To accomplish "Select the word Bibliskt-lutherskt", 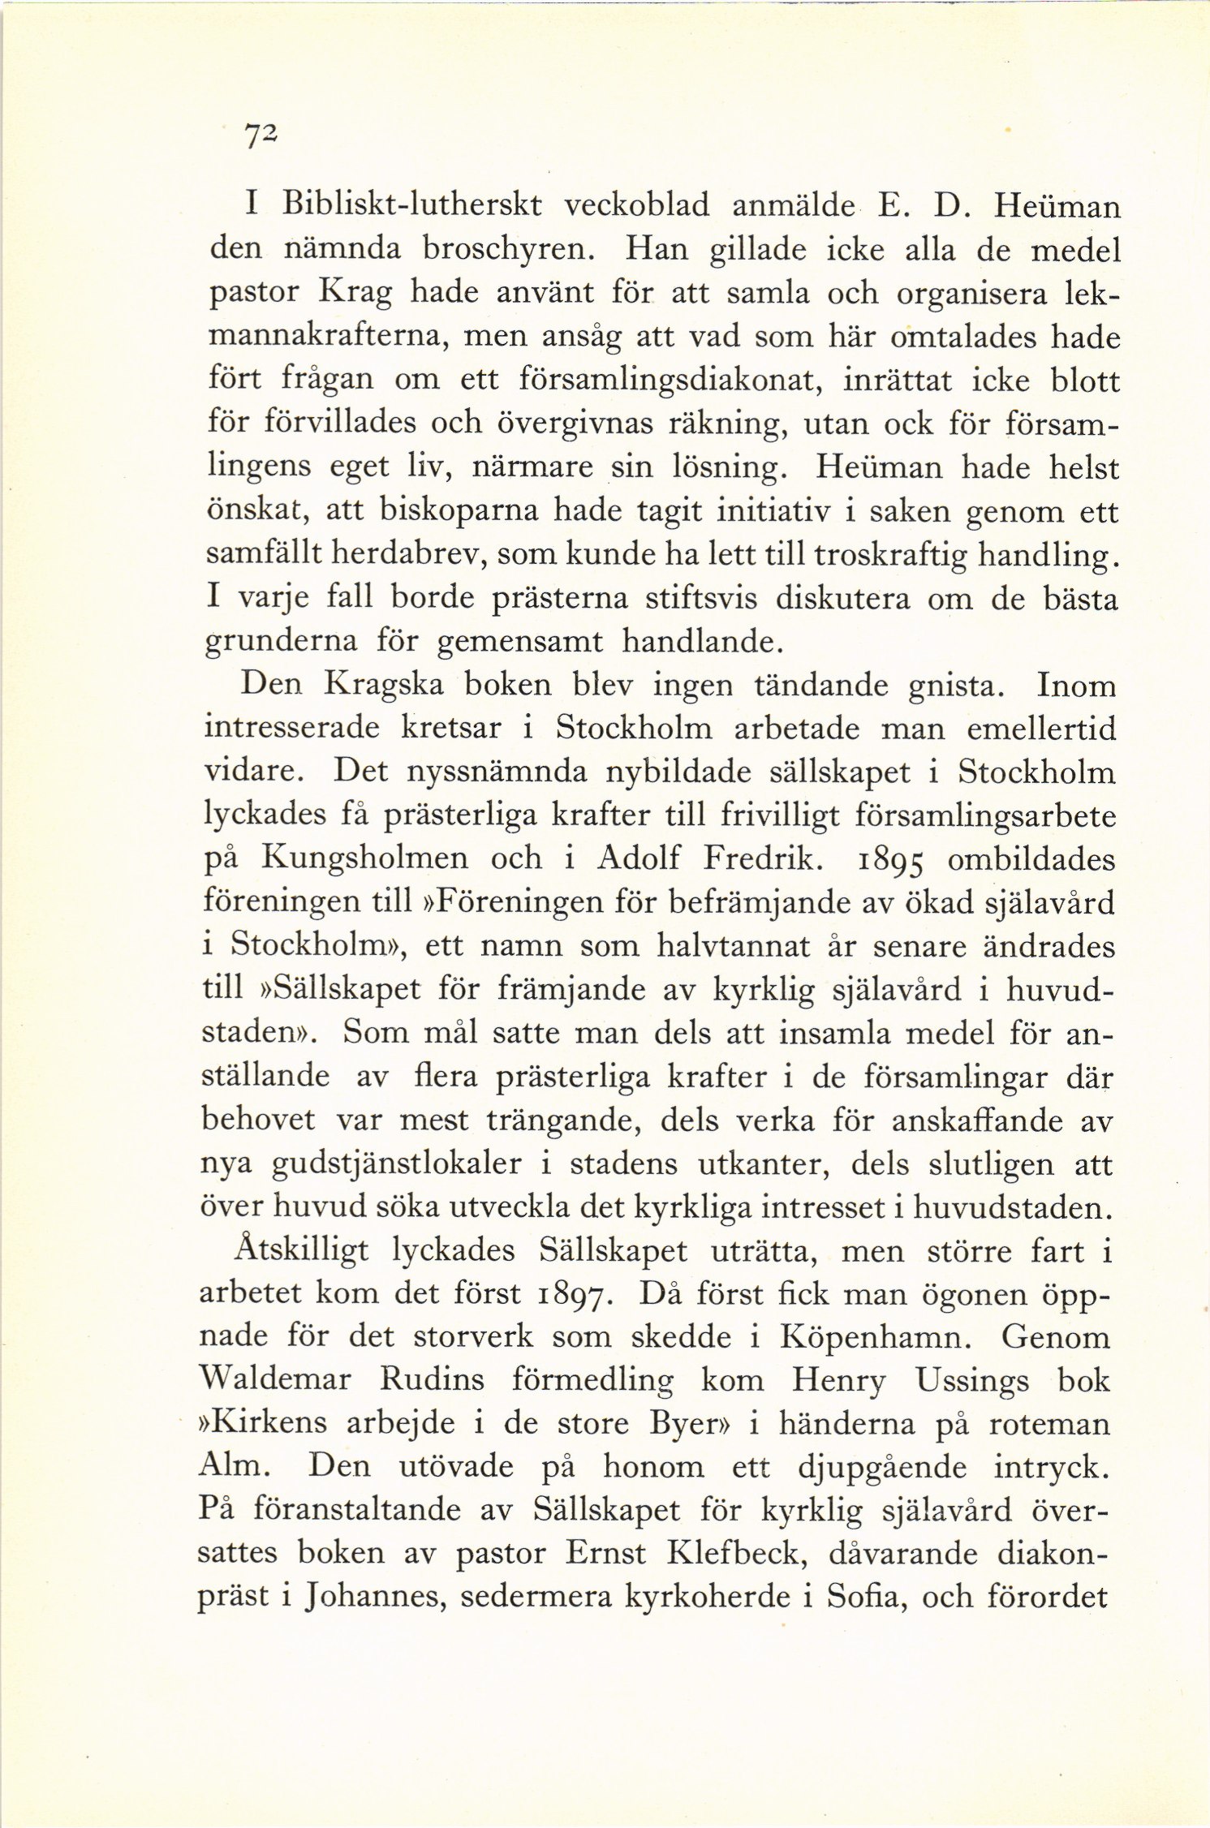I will click(x=411, y=205).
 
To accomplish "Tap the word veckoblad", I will click(x=636, y=205).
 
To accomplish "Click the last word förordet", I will click(x=1049, y=1596).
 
